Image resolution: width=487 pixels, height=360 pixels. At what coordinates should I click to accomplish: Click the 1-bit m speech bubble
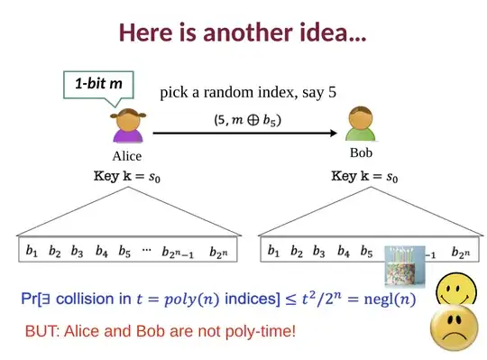[x=98, y=84]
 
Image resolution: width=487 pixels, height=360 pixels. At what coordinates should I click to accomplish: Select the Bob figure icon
[x=361, y=124]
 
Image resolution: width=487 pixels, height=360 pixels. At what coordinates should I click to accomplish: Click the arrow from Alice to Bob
[x=244, y=133]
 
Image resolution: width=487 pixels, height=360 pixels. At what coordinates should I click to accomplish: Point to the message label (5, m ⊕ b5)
[x=247, y=118]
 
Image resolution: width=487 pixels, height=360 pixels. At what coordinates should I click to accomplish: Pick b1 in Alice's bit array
[x=32, y=252]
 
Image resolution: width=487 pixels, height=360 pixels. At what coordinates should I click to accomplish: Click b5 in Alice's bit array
[x=124, y=252]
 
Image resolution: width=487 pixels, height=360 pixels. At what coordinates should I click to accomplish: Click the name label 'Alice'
[x=126, y=156]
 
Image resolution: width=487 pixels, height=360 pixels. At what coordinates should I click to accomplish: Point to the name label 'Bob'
[x=362, y=152]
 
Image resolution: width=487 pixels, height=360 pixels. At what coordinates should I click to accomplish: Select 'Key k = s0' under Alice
[x=124, y=177]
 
